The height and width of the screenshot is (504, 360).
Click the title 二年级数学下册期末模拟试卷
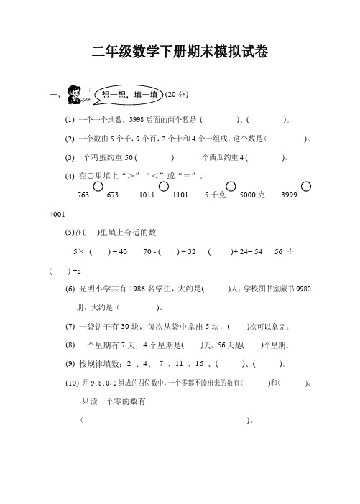pyautogui.click(x=180, y=51)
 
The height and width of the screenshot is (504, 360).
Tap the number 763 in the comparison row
pyautogui.click(x=82, y=195)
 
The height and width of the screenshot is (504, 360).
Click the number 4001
pyautogui.click(x=54, y=214)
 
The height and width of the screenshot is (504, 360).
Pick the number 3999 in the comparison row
pyautogui.click(x=290, y=195)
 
